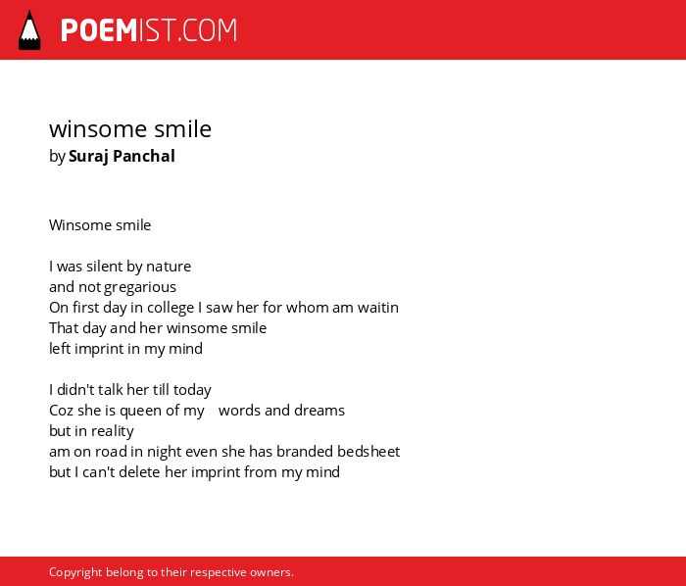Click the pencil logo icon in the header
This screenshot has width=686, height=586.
(29, 30)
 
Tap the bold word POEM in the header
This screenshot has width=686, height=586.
(99, 30)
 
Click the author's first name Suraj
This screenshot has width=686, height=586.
(89, 157)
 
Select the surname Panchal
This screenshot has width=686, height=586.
(144, 156)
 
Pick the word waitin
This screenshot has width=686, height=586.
(378, 308)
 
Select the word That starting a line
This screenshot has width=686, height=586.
(64, 328)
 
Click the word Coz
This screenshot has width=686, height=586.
(61, 411)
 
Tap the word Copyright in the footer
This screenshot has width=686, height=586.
(75, 572)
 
